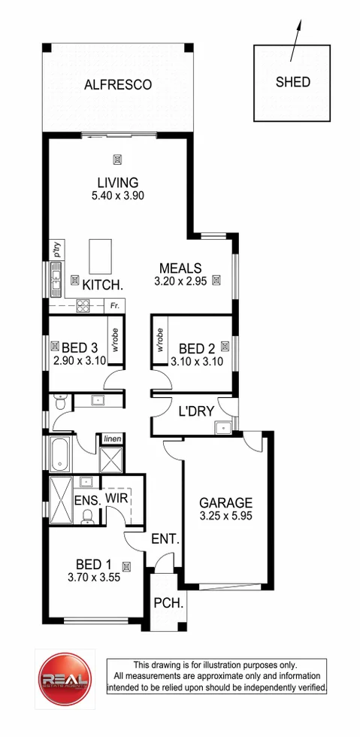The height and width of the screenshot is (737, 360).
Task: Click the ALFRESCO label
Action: coord(117,84)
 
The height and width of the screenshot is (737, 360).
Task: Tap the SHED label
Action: coord(292,82)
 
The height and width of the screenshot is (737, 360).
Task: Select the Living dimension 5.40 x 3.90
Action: coord(118,196)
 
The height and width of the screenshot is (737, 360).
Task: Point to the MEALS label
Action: coord(180,268)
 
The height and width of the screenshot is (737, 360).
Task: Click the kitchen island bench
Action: coord(99,257)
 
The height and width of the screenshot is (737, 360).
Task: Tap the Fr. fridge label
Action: coord(114,306)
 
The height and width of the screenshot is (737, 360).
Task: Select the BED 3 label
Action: coord(80,347)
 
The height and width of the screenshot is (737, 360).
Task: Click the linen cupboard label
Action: coord(112,438)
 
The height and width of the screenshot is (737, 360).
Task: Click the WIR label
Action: coord(116,497)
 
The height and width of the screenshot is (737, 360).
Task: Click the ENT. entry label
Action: coord(165,538)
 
